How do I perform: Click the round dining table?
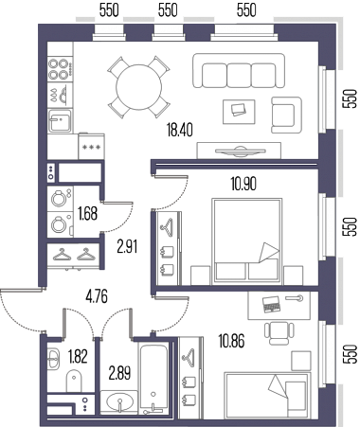pos(139,87)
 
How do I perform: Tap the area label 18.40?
pos(180,130)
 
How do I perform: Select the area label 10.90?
pos(243,184)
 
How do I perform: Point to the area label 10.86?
pos(231,341)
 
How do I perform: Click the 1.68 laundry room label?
pos(87,214)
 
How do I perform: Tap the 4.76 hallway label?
pos(97,296)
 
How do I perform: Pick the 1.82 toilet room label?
pos(78,357)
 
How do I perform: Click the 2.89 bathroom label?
pos(119,373)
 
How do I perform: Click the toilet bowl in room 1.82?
pos(74,381)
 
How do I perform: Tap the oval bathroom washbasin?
pos(119,401)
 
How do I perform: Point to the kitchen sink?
pos(60,120)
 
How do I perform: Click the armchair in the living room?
pos(287,115)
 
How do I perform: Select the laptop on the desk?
pos(271,304)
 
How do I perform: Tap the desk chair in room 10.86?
pos(279,333)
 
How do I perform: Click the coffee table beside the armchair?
pos(239,112)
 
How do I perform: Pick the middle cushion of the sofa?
pos(239,76)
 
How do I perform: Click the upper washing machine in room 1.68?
pos(60,199)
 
